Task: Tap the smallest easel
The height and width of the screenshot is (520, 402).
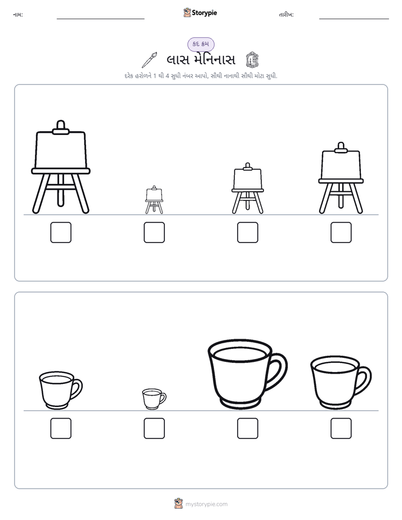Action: [x=154, y=200]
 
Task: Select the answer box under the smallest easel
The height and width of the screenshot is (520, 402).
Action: [x=154, y=232]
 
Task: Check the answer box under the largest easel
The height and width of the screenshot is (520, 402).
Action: [x=61, y=232]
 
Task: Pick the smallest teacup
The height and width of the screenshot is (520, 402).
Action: [x=154, y=399]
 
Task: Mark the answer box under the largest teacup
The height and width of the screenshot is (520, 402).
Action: [x=248, y=428]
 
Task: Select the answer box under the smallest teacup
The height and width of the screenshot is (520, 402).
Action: [x=154, y=428]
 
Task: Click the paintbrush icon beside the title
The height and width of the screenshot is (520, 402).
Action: [x=149, y=60]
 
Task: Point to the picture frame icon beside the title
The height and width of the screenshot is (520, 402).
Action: [x=252, y=60]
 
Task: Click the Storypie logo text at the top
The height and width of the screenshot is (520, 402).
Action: [x=204, y=12]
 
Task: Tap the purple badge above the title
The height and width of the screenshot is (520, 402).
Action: [x=201, y=44]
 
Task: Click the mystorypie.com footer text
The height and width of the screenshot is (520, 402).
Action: [x=206, y=504]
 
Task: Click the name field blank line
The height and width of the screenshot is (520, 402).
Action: [x=100, y=19]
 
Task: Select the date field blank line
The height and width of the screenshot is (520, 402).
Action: [x=354, y=19]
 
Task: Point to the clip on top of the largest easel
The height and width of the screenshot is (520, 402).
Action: [x=61, y=128]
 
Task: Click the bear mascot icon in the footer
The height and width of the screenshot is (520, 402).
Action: [x=178, y=504]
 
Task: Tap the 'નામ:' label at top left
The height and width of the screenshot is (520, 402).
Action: [x=18, y=15]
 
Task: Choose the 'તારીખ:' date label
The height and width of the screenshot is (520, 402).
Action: [x=286, y=15]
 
